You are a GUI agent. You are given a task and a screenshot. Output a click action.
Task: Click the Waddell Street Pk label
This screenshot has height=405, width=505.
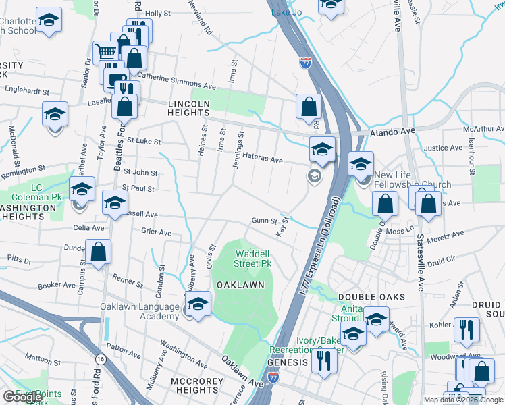tap(252, 259)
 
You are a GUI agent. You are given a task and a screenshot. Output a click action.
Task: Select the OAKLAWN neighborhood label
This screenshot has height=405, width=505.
tap(240, 285)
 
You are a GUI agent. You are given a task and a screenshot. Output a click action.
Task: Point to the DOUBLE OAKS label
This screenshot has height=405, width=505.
tap(371, 297)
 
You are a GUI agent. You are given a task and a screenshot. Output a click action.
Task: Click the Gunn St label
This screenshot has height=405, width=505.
tap(265, 221)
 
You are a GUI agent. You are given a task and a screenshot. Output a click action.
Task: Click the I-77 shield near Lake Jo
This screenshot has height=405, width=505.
tap(306, 63)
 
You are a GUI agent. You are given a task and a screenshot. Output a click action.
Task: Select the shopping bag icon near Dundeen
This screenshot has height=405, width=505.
tap(99, 252)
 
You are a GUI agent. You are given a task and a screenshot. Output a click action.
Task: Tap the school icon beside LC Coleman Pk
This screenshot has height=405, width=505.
tap(82, 190)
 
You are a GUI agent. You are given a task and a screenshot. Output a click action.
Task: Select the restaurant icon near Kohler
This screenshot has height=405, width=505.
tap(467, 329)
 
